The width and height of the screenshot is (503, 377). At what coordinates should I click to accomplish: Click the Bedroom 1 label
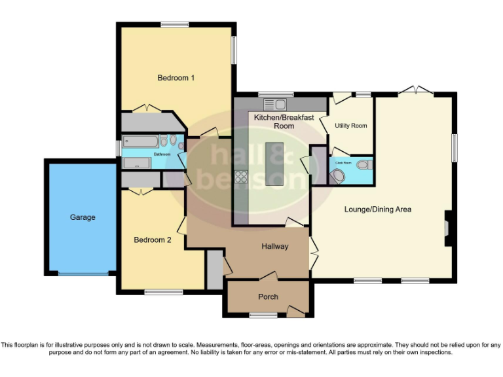(176, 78)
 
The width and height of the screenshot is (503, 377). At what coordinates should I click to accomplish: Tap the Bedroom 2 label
(153, 240)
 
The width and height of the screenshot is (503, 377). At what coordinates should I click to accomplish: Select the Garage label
(83, 217)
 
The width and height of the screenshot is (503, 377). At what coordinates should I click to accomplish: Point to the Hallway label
(275, 247)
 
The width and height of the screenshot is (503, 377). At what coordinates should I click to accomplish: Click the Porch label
(268, 297)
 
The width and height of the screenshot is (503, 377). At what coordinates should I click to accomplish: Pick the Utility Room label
(351, 126)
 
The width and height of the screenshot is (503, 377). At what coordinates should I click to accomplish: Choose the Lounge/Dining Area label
(378, 209)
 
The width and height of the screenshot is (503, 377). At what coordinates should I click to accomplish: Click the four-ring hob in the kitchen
(241, 175)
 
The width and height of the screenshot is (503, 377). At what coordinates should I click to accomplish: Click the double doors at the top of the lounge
(416, 90)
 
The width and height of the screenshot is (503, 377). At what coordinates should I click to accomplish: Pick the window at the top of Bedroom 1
(175, 25)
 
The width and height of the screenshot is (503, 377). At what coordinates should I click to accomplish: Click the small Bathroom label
(162, 154)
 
